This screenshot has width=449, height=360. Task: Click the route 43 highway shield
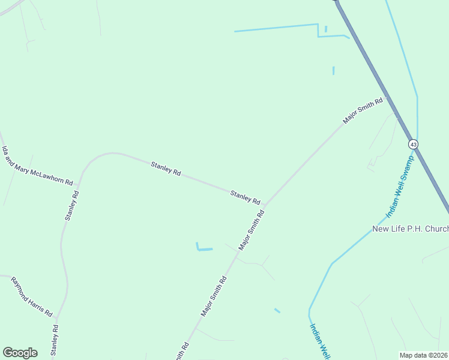point(413,145)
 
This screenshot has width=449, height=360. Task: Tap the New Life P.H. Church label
point(411,229)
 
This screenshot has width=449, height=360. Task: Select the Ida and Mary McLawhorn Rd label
point(37,165)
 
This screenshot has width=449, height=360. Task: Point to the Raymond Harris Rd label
point(32,296)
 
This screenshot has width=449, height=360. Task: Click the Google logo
point(20,352)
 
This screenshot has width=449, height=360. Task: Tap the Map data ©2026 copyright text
point(423,355)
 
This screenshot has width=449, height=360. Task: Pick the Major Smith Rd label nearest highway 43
point(363,112)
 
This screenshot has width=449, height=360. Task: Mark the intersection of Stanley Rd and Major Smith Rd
point(266,205)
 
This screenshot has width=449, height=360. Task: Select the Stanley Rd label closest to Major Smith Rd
point(245,196)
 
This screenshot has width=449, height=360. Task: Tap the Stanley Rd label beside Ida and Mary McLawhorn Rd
point(72,206)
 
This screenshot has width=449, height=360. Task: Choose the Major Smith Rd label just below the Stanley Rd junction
point(252,230)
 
